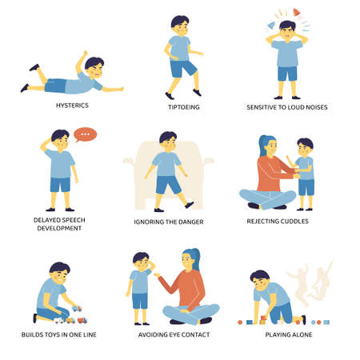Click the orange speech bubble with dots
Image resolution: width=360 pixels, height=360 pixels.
84,135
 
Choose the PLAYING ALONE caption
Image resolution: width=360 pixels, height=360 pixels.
289,334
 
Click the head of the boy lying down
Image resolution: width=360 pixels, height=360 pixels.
94,67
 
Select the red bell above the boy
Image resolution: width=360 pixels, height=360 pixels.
297,13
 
